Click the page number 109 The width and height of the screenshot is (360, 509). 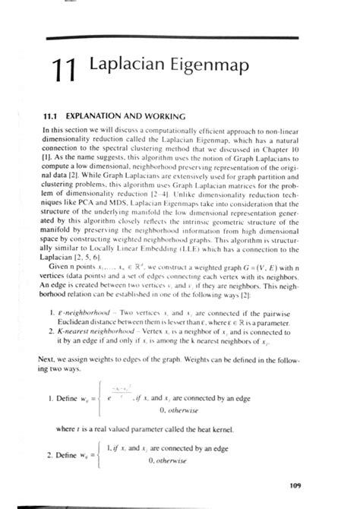tap(295, 485)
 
